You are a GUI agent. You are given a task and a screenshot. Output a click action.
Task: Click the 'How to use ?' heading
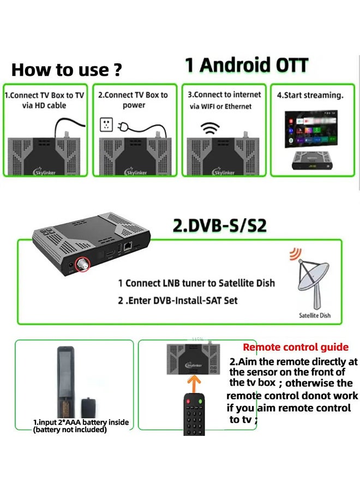point(67,70)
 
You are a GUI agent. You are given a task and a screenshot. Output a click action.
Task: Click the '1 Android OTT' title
point(247,65)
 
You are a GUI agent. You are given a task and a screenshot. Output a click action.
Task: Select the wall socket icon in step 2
point(107,124)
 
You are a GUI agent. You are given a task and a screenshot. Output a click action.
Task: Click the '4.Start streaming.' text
point(310,95)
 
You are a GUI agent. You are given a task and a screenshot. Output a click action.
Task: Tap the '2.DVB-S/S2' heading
point(219,226)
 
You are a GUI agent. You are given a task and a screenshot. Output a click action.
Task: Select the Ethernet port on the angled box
point(127,247)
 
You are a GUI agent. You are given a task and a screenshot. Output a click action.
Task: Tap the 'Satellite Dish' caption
point(315,315)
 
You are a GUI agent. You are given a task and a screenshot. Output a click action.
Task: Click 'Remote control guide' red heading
point(296,347)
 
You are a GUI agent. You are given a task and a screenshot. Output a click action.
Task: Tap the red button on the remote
point(188,402)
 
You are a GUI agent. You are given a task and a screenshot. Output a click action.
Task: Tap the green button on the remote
point(200,402)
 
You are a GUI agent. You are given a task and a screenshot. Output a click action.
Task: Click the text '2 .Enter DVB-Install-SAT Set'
point(178,301)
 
